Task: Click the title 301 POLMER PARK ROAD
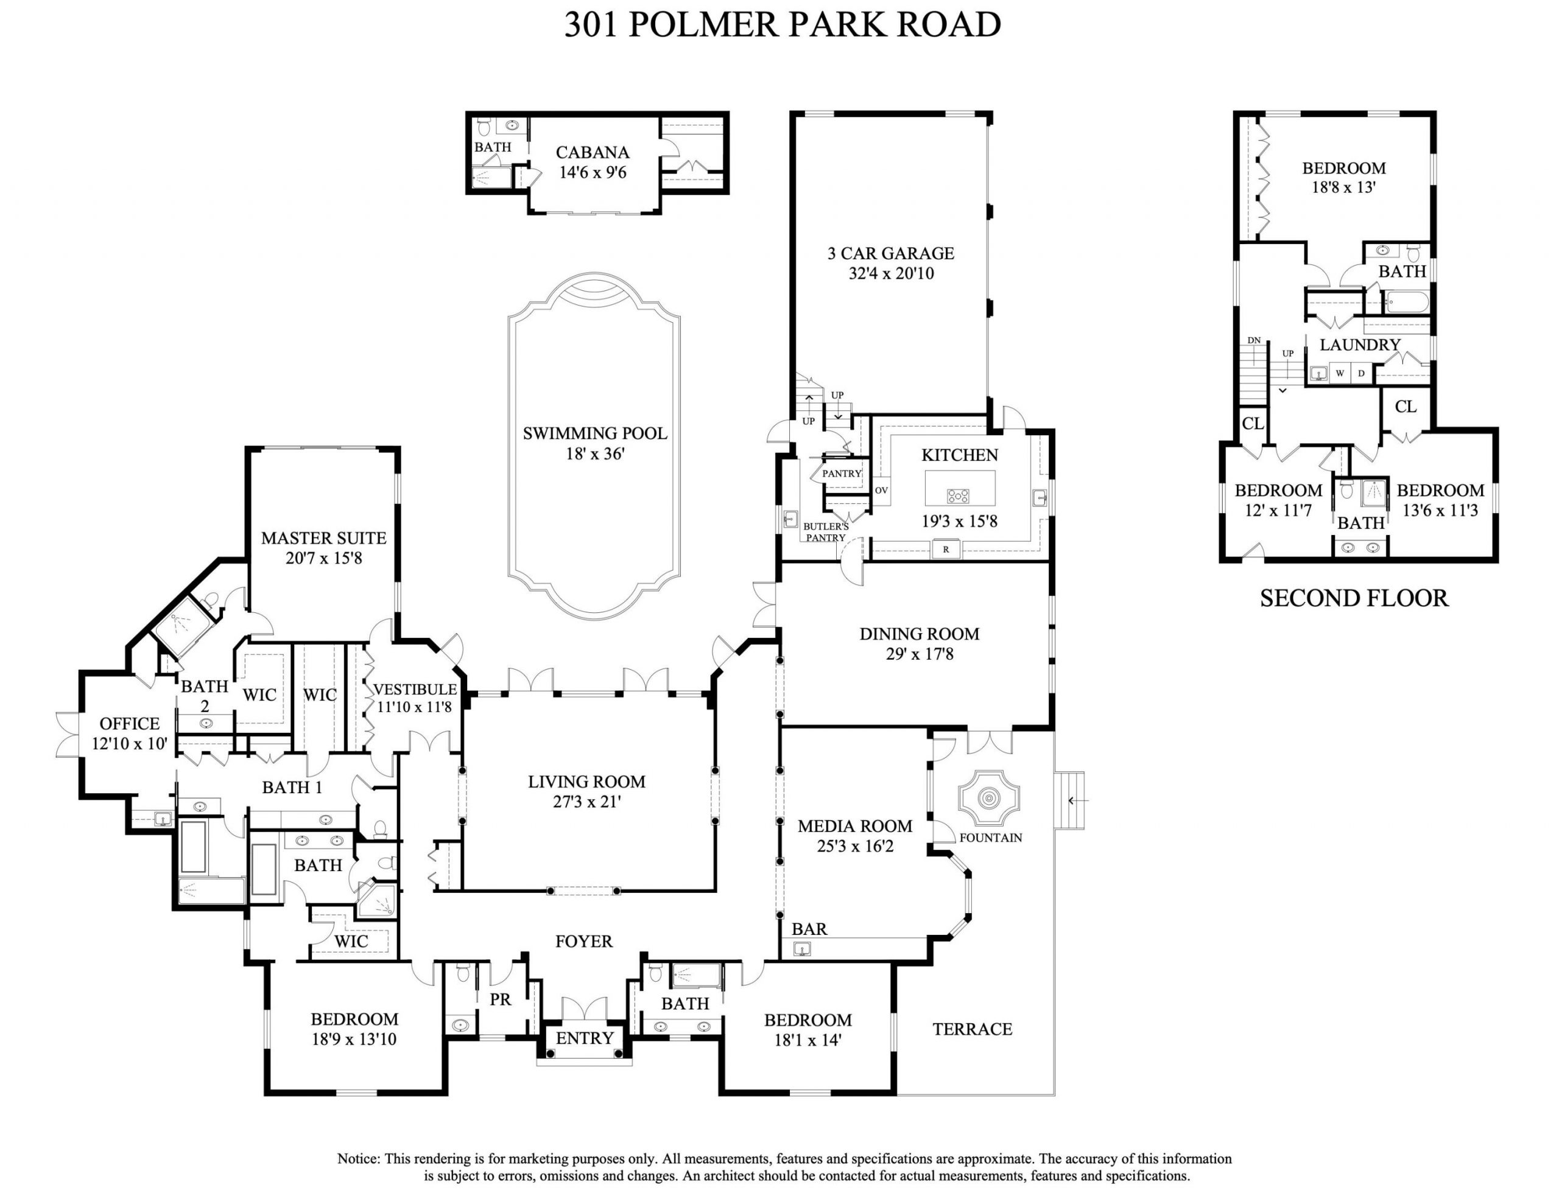783,25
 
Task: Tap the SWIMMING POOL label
594,433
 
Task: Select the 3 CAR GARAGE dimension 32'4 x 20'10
891,273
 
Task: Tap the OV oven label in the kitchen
882,491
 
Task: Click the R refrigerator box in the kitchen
946,550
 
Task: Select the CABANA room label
593,152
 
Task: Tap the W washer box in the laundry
1340,373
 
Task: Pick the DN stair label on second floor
1254,340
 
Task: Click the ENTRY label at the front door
585,1038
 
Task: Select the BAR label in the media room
809,928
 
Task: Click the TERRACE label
972,1029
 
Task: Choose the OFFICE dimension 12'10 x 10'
129,744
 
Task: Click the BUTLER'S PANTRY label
826,532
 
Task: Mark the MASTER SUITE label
323,538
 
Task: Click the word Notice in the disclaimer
358,1158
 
